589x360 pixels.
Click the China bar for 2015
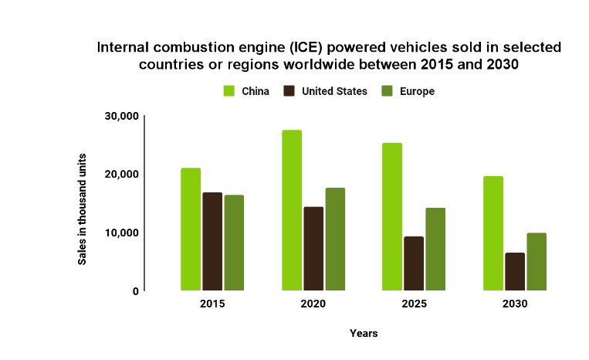pyautogui.click(x=191, y=229)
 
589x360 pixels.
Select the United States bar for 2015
pyautogui.click(x=212, y=242)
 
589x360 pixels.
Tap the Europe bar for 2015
pyautogui.click(x=234, y=243)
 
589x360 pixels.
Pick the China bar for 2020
pyautogui.click(x=292, y=210)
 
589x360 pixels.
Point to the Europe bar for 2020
pyautogui.click(x=335, y=239)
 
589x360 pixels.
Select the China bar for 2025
pyautogui.click(x=392, y=217)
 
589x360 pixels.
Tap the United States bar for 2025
pyautogui.click(x=414, y=263)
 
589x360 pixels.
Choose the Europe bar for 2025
pyautogui.click(x=435, y=250)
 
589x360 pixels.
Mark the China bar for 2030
pyautogui.click(x=493, y=233)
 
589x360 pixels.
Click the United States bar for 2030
pyautogui.click(x=515, y=272)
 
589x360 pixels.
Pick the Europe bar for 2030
pyautogui.click(x=537, y=262)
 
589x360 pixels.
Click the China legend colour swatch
pyautogui.click(x=229, y=91)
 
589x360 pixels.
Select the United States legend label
pyautogui.click(x=334, y=91)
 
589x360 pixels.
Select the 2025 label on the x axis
pyautogui.click(x=414, y=304)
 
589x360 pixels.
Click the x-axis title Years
pyautogui.click(x=363, y=333)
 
